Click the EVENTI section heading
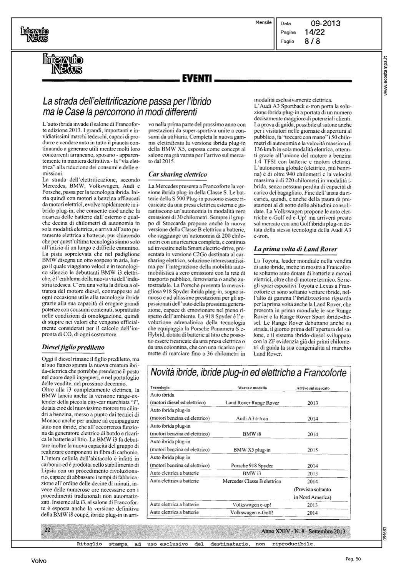coord(197,80)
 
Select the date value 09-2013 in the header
coord(322,23)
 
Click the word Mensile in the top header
coord(263,22)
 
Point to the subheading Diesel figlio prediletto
coord(73,348)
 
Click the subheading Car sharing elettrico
coord(177,174)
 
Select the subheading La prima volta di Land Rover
coord(295,249)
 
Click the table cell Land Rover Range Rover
coord(252,403)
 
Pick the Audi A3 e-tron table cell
coord(252,419)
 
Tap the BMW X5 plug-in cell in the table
coord(252,450)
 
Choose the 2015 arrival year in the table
coord(313,450)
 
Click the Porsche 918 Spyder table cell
coord(252,465)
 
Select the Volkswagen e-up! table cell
coord(252,505)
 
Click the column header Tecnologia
coord(160,388)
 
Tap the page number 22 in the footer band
coord(47,530)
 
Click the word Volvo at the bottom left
coord(39,561)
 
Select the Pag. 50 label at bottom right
coord(353,559)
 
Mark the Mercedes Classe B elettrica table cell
coord(252,481)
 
